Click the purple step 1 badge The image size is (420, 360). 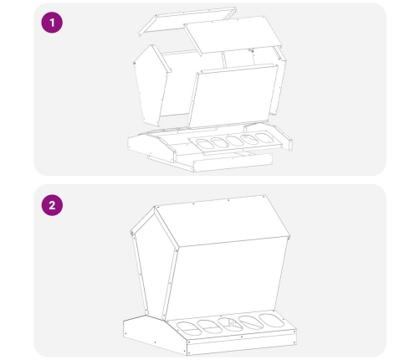(52, 23)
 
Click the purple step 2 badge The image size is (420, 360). (52, 205)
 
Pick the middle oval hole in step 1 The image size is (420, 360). (235, 141)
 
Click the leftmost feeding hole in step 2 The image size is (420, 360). (189, 328)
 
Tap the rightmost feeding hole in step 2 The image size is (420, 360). (272, 320)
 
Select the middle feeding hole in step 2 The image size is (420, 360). (230, 324)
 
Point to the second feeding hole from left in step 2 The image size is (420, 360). (210, 327)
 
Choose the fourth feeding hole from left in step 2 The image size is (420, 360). (251, 322)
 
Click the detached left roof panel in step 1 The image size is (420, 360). (187, 21)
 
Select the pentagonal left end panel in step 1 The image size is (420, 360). (151, 85)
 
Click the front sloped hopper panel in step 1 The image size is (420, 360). (233, 96)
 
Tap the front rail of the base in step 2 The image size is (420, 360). (241, 344)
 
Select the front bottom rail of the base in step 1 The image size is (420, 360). (233, 162)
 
